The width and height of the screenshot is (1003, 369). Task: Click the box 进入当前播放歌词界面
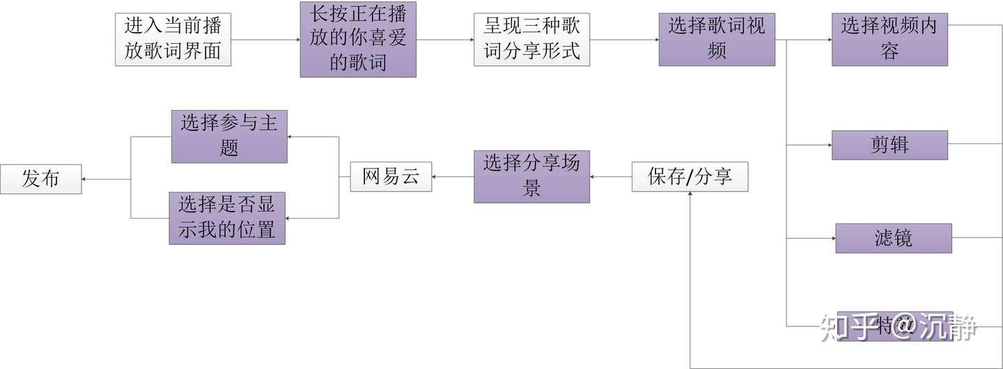pos(173,40)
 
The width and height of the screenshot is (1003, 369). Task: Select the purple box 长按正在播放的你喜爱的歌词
pos(358,40)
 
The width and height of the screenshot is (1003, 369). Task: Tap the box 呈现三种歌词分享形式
pos(531,40)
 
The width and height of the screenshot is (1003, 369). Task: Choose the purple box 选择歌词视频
pos(717,40)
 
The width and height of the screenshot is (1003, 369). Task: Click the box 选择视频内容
pos(889,40)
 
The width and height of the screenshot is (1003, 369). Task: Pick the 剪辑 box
pos(889,145)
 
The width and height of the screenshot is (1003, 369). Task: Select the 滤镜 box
pos(893,238)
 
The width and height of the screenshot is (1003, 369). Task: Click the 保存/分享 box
pos(690,177)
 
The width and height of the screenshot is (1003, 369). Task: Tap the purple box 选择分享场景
pos(531,177)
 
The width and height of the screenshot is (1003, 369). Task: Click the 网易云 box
pos(391,177)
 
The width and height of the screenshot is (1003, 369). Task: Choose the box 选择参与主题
pos(229,136)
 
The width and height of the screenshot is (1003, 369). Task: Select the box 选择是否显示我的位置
pos(227,219)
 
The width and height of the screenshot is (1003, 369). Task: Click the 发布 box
pos(40,179)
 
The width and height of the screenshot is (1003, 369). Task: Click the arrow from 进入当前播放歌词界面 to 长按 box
pos(265,40)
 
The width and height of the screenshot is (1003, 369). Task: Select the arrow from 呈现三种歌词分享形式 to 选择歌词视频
pos(624,40)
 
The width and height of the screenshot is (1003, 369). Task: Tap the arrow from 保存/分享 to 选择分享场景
pos(611,177)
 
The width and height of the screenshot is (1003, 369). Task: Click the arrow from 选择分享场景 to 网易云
pos(453,177)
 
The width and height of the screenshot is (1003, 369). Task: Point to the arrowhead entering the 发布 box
pos(85,179)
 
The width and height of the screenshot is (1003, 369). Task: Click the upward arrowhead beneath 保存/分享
pos(690,196)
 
